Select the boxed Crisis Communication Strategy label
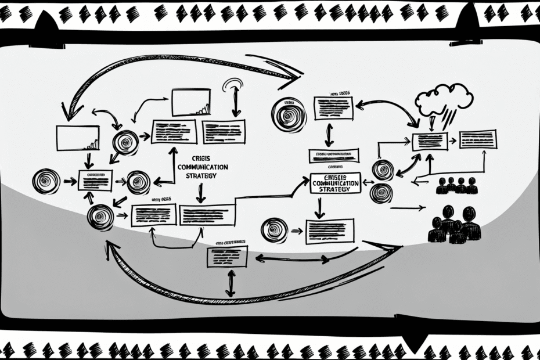coord(336,183)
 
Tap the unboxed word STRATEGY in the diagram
coord(199,176)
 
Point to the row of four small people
coord(456,186)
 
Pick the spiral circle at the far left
coord(46,182)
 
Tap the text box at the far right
coord(478,139)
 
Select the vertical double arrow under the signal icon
coord(236,105)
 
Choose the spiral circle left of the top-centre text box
coord(287,114)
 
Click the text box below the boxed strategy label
coord(329,231)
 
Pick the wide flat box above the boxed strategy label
coord(333,155)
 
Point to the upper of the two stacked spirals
coord(382,170)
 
